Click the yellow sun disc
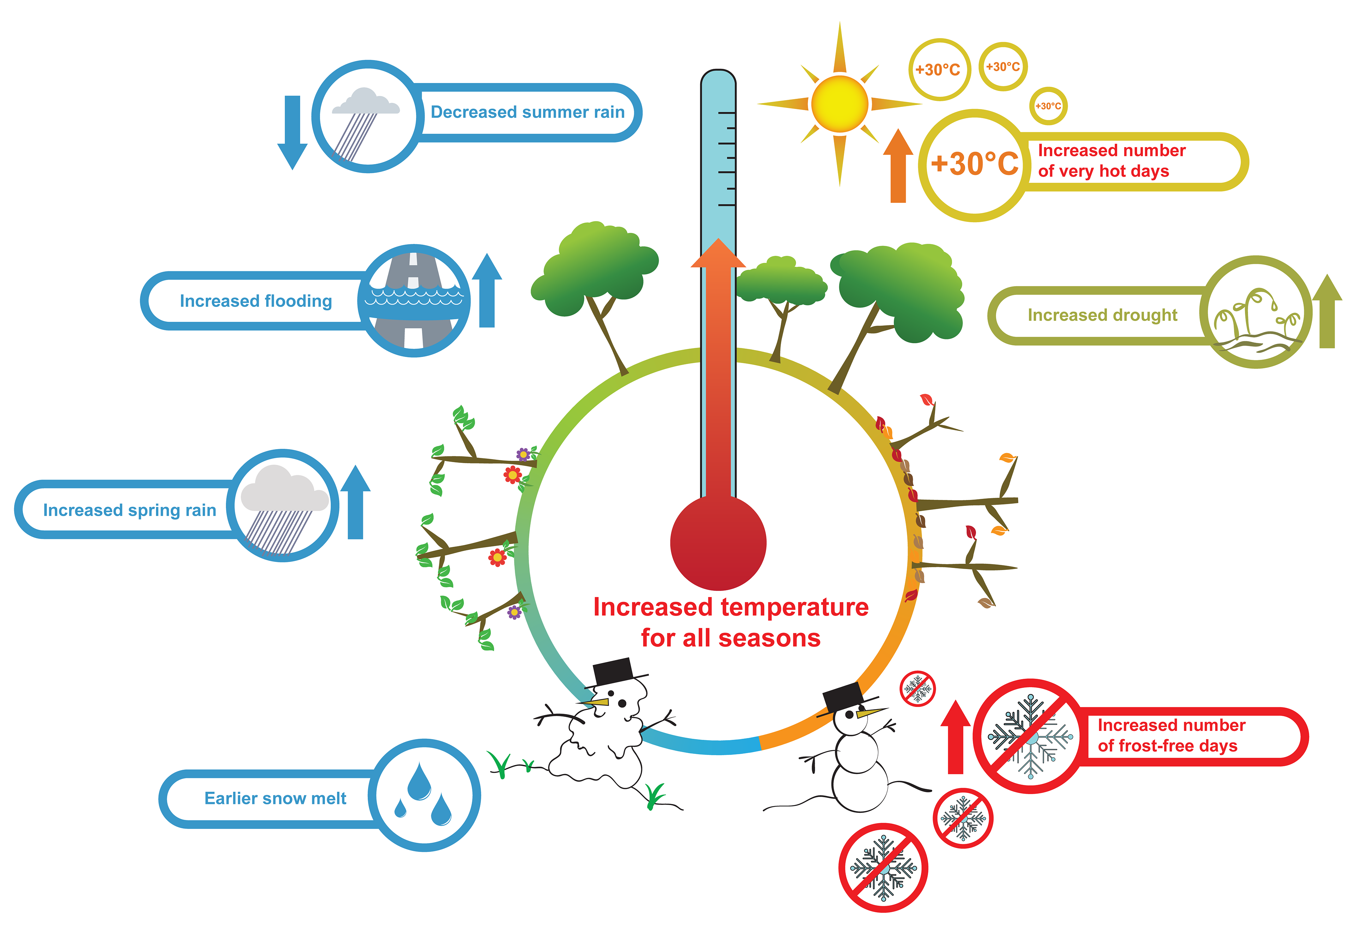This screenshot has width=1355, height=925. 839,104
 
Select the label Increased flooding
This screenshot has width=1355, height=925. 255,301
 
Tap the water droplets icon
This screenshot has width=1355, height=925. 424,796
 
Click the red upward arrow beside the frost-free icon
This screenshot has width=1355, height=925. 955,737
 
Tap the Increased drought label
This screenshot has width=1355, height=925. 1102,315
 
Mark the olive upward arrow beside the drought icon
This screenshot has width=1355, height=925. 1327,312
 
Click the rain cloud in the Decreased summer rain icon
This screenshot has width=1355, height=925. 366,102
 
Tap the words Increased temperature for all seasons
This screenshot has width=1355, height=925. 730,623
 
